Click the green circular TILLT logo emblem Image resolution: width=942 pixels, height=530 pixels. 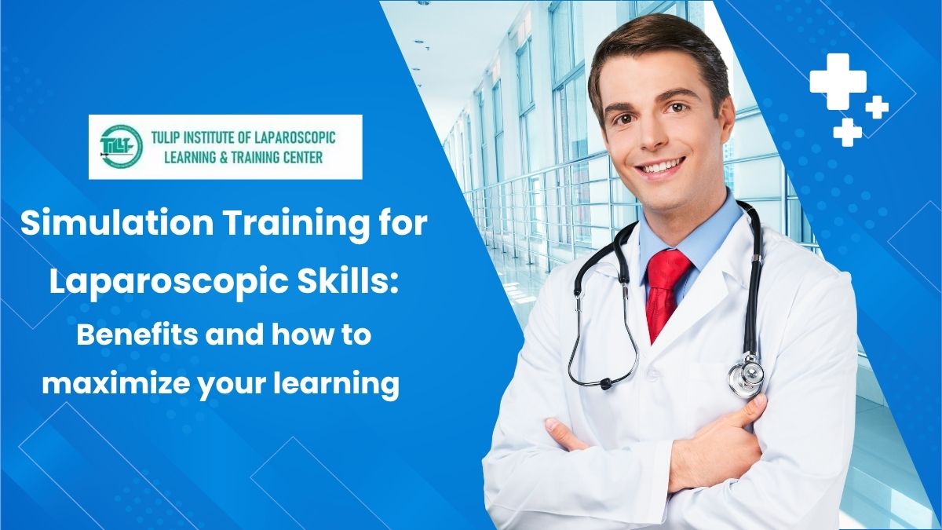[117, 148]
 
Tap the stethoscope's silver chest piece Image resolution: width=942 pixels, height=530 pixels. [745, 375]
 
